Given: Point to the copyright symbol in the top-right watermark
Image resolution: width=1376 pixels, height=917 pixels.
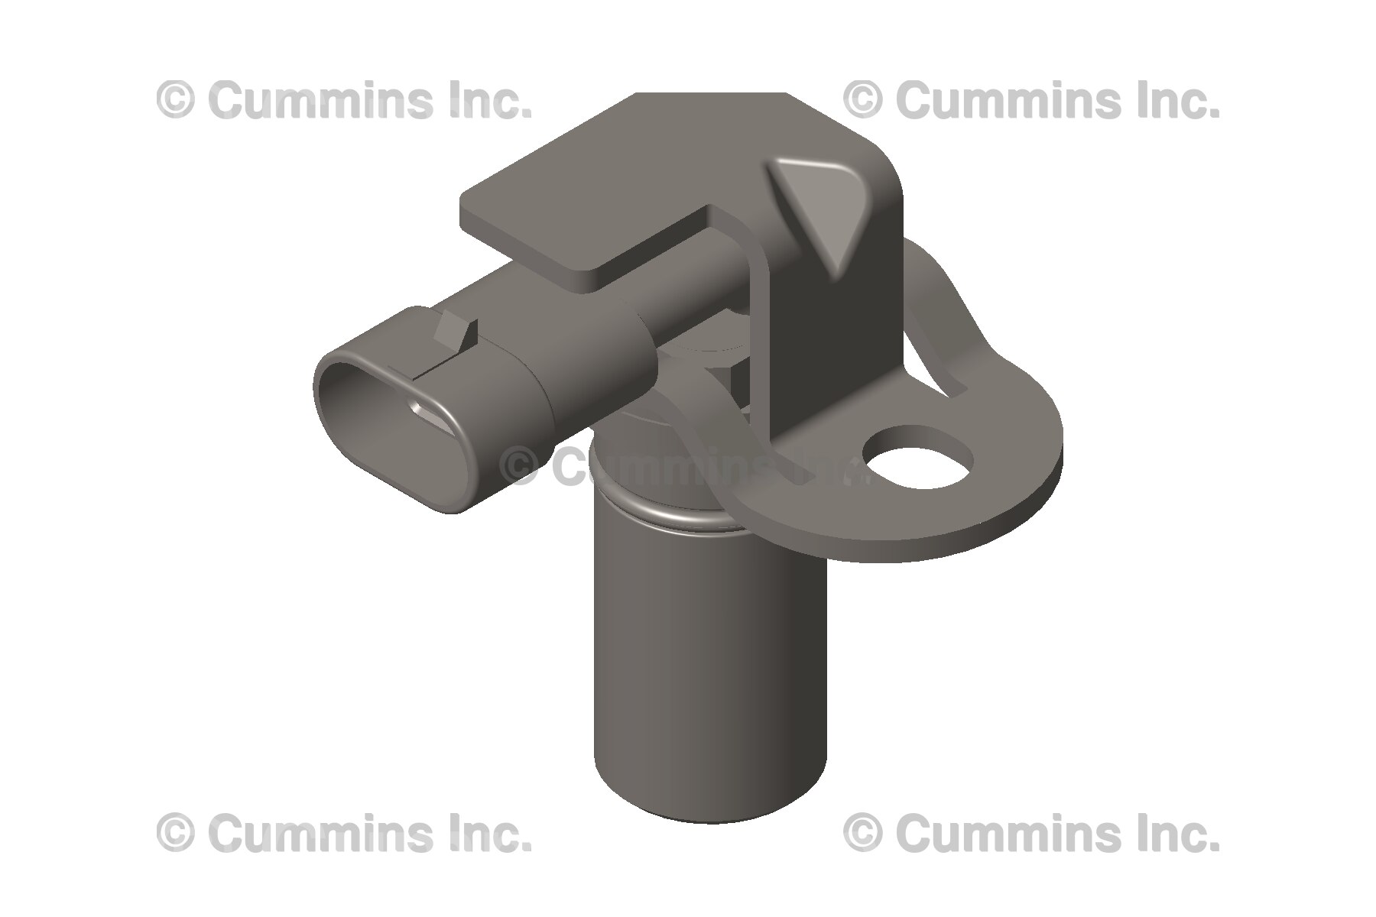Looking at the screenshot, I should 862,102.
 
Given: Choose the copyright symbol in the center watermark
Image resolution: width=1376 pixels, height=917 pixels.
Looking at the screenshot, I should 523,465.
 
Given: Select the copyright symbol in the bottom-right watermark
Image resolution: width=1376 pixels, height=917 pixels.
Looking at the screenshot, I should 862,832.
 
